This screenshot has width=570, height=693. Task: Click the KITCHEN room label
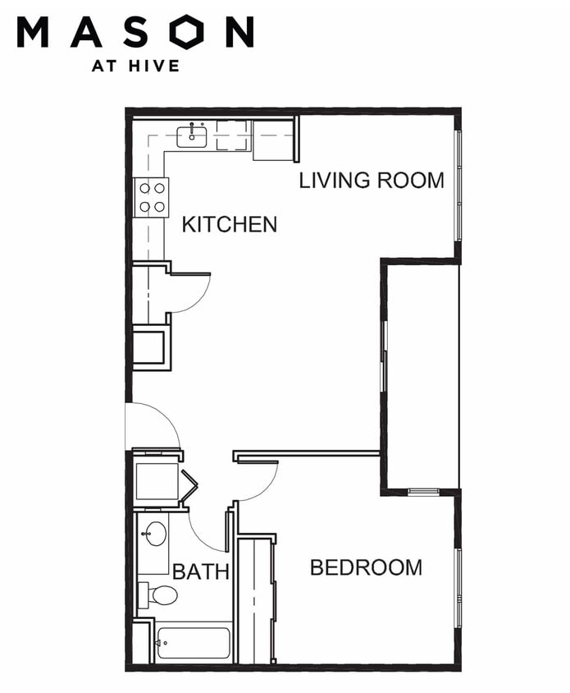230,224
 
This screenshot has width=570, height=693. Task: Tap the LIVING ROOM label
372,181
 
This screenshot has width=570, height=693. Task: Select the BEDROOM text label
366,567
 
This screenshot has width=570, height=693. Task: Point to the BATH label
200,572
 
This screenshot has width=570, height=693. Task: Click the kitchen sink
192,136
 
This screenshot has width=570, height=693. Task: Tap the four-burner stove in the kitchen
152,197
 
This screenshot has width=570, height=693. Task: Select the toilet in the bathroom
158,595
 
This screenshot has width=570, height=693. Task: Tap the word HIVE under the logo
154,67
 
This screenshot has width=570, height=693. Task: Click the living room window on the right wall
458,186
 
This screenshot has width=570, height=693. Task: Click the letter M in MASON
33,31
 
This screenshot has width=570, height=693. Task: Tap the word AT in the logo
104,67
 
